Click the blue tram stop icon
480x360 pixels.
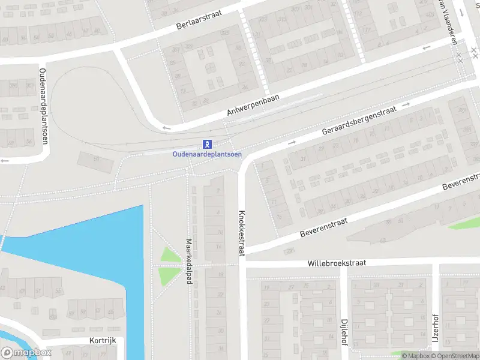[208, 144]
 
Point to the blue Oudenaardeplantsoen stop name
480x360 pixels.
[207, 154]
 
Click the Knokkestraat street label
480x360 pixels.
[242, 233]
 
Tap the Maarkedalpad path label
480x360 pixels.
[188, 262]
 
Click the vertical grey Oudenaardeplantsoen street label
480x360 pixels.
[43, 106]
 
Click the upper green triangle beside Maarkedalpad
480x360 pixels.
[170, 256]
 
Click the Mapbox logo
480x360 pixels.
[26, 353]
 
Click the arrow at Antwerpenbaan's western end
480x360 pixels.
[167, 127]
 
